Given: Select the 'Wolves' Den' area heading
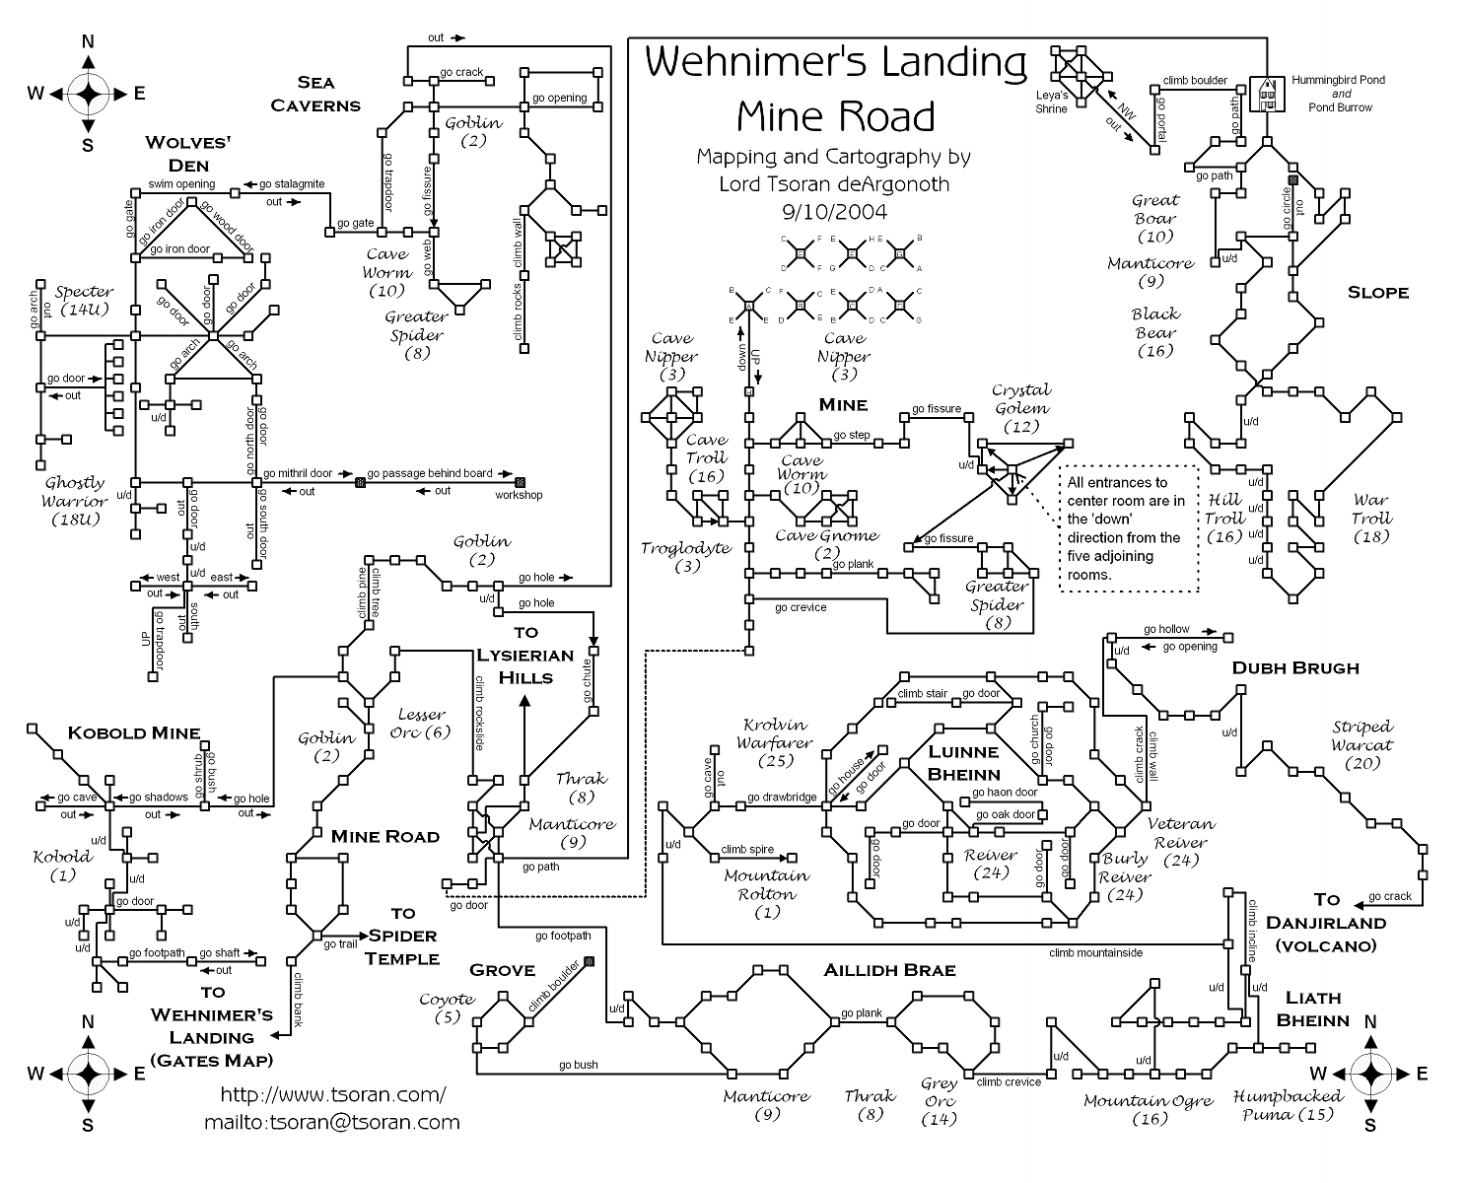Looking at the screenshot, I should click(187, 153).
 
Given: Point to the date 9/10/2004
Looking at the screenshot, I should click(834, 211).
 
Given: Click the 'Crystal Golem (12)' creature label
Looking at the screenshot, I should click(1021, 408).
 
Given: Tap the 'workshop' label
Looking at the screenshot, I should click(519, 495).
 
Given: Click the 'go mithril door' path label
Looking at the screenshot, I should click(298, 474).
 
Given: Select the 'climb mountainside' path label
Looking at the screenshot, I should click(1095, 952).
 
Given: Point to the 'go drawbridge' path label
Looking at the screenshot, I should click(781, 798).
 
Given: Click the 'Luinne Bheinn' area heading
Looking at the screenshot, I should click(964, 762).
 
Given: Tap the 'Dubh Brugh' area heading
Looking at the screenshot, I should click(1294, 667).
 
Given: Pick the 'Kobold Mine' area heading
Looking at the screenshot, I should click(133, 732).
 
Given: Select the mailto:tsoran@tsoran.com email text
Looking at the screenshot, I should click(331, 1122).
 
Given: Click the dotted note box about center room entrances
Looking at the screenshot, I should click(1129, 528).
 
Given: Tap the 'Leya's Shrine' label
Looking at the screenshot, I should click(1051, 103).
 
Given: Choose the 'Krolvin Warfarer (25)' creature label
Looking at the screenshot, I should click(778, 741).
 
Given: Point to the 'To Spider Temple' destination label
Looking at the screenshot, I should click(402, 936).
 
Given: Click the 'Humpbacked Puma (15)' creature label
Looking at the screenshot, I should click(1289, 1105).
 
